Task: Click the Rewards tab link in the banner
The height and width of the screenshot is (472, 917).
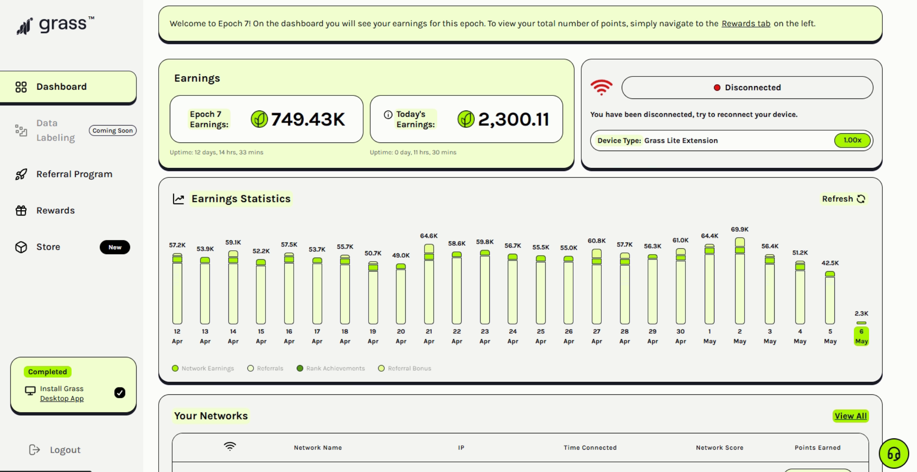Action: (x=746, y=24)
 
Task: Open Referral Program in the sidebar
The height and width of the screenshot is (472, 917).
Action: (x=74, y=174)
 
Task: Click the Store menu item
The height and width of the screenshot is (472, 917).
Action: (x=48, y=247)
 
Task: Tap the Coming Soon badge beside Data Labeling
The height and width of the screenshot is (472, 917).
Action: (x=112, y=131)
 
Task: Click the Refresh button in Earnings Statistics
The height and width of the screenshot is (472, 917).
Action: (x=843, y=199)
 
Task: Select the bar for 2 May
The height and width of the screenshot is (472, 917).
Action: (x=739, y=282)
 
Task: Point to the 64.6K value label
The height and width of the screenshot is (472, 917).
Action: (x=429, y=236)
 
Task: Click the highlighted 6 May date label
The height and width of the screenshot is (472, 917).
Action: (x=861, y=336)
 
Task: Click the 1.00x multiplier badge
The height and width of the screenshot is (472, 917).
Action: (x=852, y=140)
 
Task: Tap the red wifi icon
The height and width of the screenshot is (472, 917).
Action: (x=601, y=87)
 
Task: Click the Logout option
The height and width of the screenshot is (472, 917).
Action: (x=65, y=450)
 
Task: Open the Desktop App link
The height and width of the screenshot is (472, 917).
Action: (x=62, y=399)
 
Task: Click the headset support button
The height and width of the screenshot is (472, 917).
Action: (x=893, y=453)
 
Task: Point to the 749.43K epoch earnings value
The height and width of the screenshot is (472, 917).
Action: (x=308, y=119)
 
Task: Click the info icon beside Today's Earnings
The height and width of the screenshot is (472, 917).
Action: (x=388, y=115)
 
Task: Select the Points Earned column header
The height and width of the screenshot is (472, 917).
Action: (x=817, y=448)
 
